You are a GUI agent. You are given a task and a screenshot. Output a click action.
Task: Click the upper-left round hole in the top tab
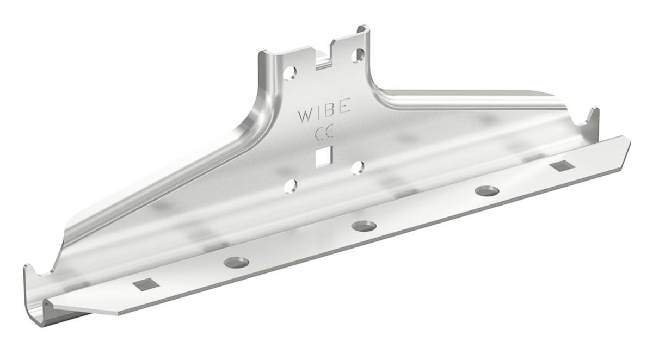pyautogui.click(x=289, y=72)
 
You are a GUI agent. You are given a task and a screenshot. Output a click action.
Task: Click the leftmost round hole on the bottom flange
pyautogui.click(x=236, y=263)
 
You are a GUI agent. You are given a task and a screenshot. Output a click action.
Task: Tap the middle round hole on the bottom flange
pyautogui.click(x=364, y=226)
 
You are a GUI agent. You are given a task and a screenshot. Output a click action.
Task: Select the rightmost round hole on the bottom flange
pyautogui.click(x=486, y=191)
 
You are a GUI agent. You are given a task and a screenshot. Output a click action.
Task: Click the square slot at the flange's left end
pyautogui.click(x=145, y=284)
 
